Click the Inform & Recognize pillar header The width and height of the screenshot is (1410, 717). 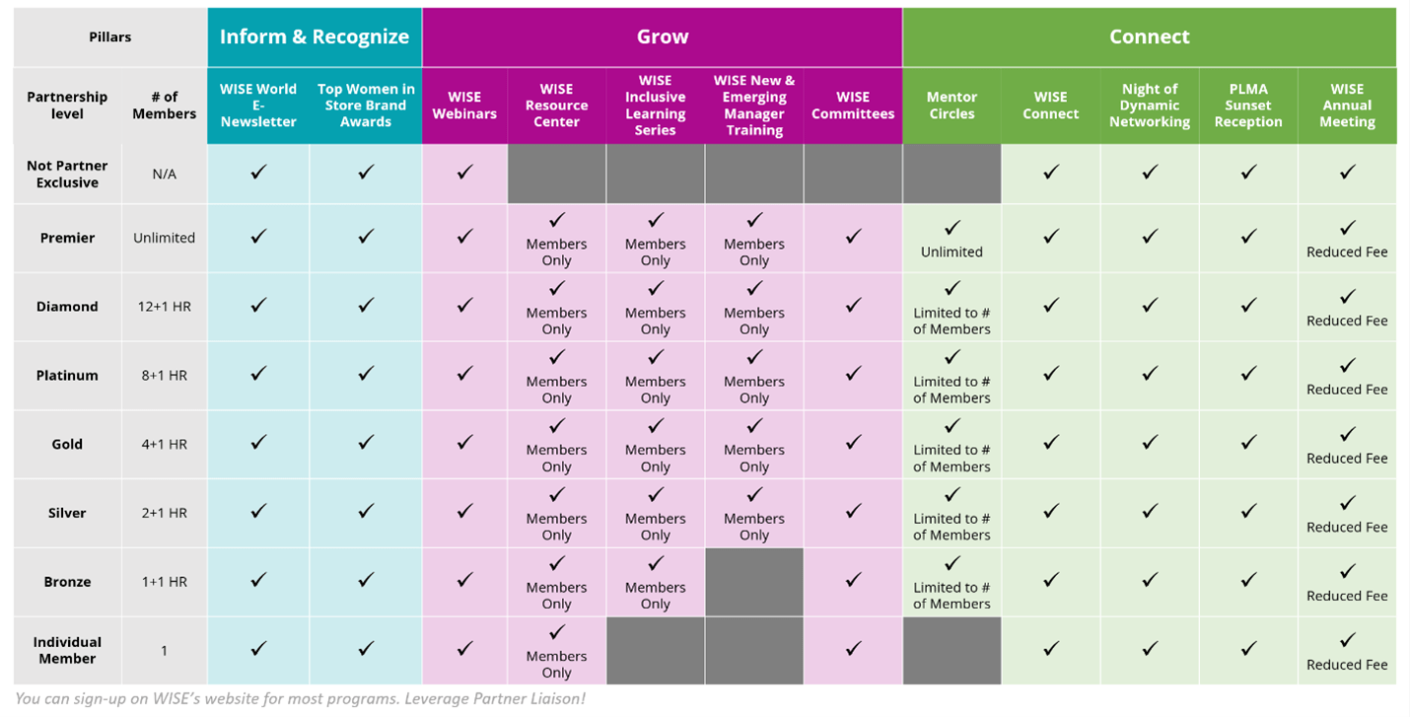click(314, 37)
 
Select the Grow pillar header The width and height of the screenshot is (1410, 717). click(662, 37)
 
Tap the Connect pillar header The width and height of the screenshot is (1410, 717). click(1149, 37)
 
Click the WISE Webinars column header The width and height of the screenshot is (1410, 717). click(464, 106)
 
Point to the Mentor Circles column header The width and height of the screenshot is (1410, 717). click(952, 106)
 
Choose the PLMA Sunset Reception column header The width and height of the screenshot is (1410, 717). click(1248, 106)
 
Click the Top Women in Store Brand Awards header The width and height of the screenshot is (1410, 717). click(366, 106)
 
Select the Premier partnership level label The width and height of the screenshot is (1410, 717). click(67, 238)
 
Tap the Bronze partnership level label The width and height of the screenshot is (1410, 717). click(67, 582)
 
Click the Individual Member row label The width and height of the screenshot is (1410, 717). click(67, 650)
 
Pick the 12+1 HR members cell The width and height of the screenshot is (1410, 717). click(164, 307)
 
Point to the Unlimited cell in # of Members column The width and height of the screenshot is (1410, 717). click(164, 238)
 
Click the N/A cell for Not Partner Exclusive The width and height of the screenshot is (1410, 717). click(164, 175)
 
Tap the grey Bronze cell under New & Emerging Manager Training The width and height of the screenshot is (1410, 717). click(754, 582)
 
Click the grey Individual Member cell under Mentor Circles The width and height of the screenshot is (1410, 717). click(952, 650)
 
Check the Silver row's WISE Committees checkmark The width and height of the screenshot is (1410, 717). click(853, 512)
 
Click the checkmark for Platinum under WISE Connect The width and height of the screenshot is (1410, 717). click(1050, 374)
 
